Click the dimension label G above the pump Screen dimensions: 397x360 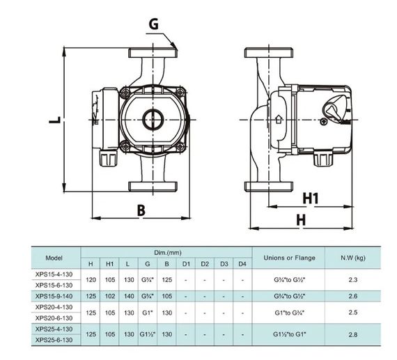[154, 24]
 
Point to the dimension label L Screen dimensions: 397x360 [55, 120]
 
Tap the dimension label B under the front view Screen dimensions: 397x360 [141, 210]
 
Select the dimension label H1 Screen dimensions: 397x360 [311, 198]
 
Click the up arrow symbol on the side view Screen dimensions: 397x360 [279, 119]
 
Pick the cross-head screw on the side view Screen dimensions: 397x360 [324, 122]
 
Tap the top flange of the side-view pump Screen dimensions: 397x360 [269, 52]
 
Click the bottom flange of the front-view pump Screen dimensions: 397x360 [153, 187]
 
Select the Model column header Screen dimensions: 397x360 [54, 258]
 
